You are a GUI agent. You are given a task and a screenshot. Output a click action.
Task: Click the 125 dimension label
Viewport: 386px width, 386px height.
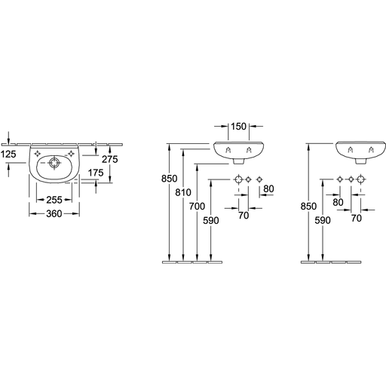(8, 155)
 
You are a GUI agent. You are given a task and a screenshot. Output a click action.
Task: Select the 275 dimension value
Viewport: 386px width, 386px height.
(110, 159)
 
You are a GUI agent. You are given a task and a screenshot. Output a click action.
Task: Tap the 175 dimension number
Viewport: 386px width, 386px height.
(96, 173)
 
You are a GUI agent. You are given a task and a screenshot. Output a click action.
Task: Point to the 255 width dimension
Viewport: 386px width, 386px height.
(54, 200)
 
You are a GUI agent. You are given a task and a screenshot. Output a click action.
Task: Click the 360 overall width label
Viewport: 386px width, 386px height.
(54, 214)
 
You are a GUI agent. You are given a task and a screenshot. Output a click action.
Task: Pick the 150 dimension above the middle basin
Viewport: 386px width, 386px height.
(238, 127)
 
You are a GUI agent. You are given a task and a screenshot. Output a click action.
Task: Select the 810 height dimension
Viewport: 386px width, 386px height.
(183, 193)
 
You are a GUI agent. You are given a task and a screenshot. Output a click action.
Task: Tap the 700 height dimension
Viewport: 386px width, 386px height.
(198, 207)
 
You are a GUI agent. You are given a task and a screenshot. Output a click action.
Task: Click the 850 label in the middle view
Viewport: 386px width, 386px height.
(170, 179)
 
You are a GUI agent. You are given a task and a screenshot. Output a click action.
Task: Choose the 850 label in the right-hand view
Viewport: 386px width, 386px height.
(308, 207)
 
